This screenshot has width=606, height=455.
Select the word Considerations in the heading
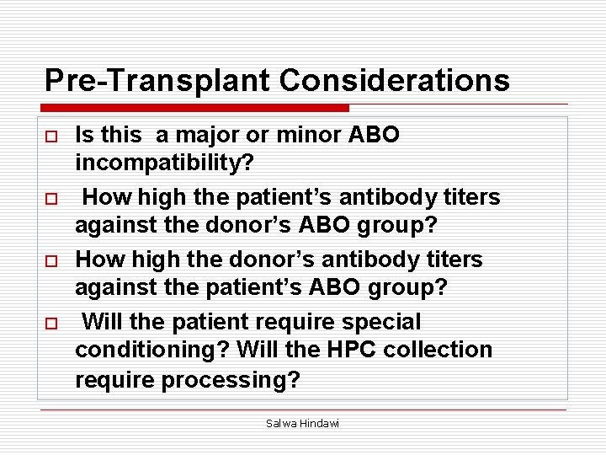point(394,81)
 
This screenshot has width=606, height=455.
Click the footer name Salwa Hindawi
point(302,423)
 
